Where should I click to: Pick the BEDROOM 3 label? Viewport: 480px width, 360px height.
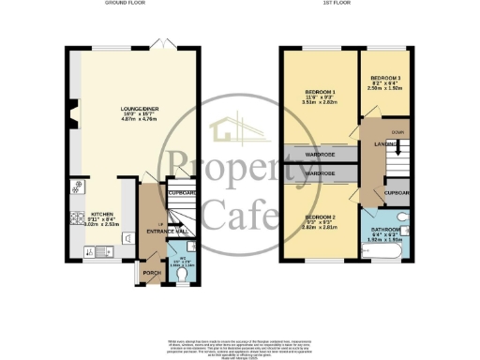click(384, 78)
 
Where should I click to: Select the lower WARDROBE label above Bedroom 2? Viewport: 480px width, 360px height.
click(319, 173)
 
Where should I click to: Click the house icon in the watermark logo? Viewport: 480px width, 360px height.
click(232, 134)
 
